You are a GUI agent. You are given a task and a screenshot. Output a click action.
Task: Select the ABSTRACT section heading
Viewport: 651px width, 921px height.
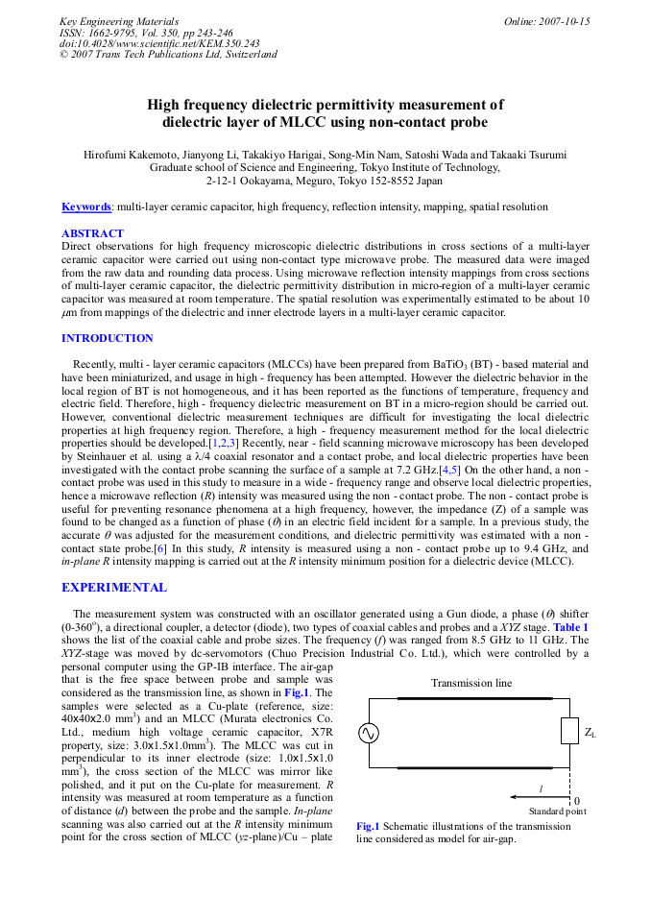[92, 233]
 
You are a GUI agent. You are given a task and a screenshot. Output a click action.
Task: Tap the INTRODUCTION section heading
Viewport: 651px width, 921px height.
[107, 338]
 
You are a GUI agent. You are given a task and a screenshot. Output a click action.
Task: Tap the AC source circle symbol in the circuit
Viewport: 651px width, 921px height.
[369, 734]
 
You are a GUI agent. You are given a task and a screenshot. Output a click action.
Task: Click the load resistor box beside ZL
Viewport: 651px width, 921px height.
[569, 731]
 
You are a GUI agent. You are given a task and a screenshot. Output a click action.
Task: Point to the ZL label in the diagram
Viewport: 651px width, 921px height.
[591, 733]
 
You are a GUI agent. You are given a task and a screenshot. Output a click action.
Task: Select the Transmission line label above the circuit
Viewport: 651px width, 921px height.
[470, 683]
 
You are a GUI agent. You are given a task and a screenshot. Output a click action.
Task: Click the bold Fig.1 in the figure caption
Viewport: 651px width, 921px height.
[368, 826]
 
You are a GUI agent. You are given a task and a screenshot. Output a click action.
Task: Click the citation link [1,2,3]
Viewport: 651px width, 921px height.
[223, 445]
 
